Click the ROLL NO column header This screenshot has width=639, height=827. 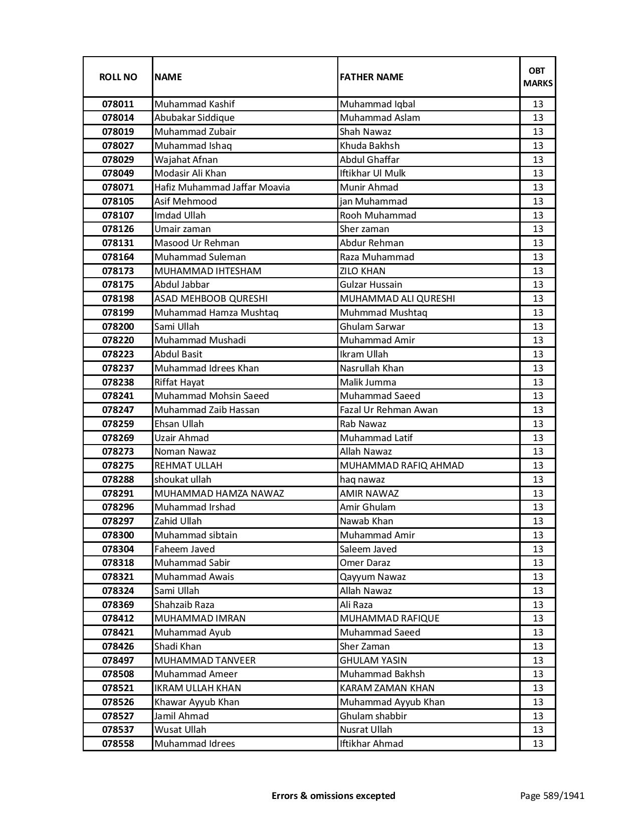(118, 77)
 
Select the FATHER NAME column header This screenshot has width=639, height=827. (371, 77)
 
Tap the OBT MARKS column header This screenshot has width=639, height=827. (538, 77)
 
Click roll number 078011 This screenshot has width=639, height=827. (118, 104)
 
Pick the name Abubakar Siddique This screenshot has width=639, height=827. (194, 118)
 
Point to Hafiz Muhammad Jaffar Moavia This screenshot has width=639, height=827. (222, 187)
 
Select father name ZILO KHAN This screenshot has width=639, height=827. (362, 271)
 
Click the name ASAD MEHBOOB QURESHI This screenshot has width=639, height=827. (211, 299)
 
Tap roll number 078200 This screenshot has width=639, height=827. (118, 327)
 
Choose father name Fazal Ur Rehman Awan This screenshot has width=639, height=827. (388, 410)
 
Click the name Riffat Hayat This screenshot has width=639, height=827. (179, 382)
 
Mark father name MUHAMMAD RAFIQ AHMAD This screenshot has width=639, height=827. (401, 466)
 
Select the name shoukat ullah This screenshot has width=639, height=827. (183, 480)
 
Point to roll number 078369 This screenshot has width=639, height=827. (118, 605)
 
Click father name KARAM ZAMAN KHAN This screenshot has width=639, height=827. (387, 688)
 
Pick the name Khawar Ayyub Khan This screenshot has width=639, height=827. (197, 702)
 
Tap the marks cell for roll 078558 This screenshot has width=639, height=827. (538, 744)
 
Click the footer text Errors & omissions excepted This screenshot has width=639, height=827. (333, 795)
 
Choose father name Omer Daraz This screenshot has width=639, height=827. (365, 563)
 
